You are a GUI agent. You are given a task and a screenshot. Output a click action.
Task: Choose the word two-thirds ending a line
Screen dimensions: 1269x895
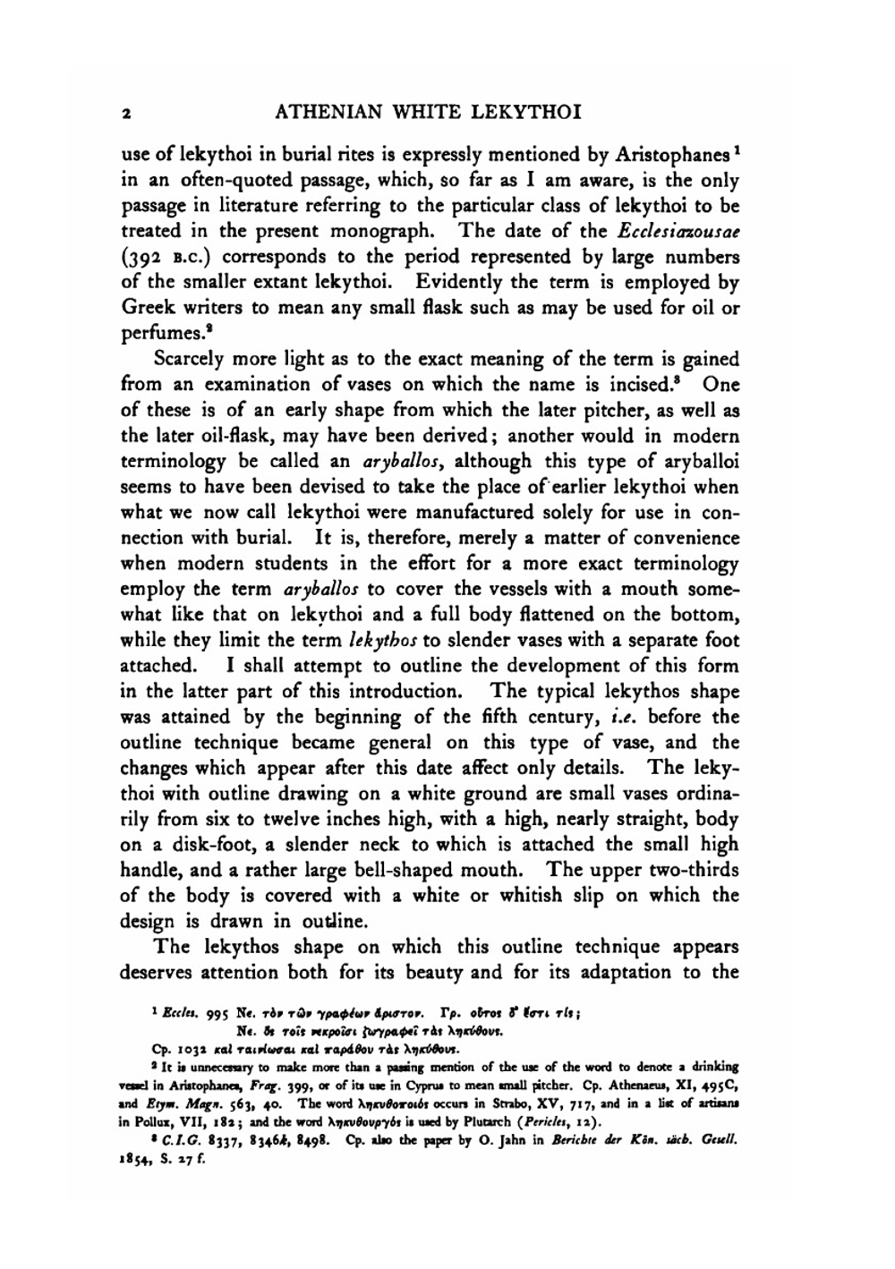693,870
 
